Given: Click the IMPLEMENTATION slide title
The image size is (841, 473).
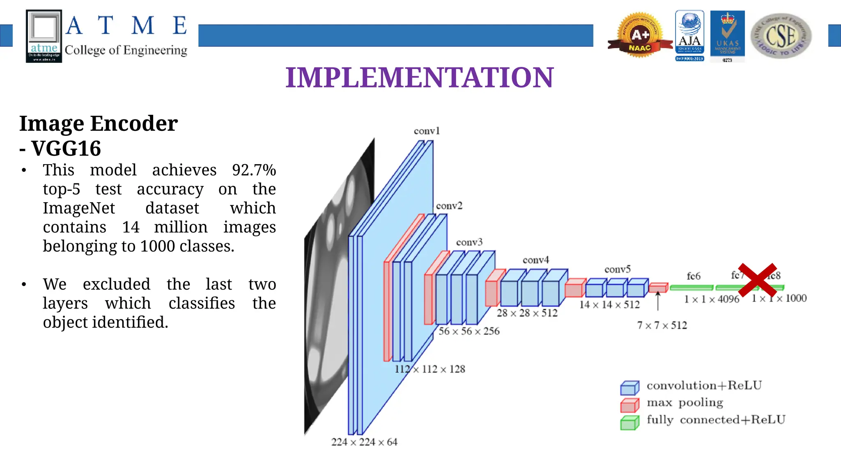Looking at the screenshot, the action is pyautogui.click(x=419, y=78).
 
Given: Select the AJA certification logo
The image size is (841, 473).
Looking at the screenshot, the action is pyautogui.click(x=689, y=35).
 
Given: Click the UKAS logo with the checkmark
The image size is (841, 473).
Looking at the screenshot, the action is pyautogui.click(x=727, y=35).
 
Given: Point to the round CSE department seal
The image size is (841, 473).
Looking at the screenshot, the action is pyautogui.click(x=781, y=36).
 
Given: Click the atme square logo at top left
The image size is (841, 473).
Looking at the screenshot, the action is pyautogui.click(x=44, y=36).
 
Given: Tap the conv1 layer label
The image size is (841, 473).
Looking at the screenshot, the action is pyautogui.click(x=427, y=131).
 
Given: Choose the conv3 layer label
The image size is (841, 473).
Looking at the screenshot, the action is pyautogui.click(x=469, y=242).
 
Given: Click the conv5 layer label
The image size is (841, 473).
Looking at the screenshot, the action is pyautogui.click(x=617, y=270).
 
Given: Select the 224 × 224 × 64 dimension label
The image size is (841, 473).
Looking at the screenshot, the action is pyautogui.click(x=364, y=442).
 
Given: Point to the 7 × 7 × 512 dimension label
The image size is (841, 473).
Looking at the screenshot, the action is pyautogui.click(x=662, y=325).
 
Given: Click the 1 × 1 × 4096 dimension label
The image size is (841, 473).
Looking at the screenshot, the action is pyautogui.click(x=712, y=299).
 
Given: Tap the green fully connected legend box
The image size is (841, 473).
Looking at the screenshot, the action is pyautogui.click(x=630, y=423).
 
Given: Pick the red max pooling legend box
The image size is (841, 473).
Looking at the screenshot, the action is pyautogui.click(x=630, y=405).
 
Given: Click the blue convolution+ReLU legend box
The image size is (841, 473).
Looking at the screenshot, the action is pyautogui.click(x=630, y=388).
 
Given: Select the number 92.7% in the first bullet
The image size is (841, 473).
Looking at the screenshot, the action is pyautogui.click(x=254, y=170).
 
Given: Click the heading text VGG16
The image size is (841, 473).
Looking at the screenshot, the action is pyautogui.click(x=66, y=149).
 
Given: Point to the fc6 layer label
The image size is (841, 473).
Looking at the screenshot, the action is pyautogui.click(x=694, y=276).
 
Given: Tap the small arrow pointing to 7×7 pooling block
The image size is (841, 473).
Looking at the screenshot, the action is pyautogui.click(x=658, y=301).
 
